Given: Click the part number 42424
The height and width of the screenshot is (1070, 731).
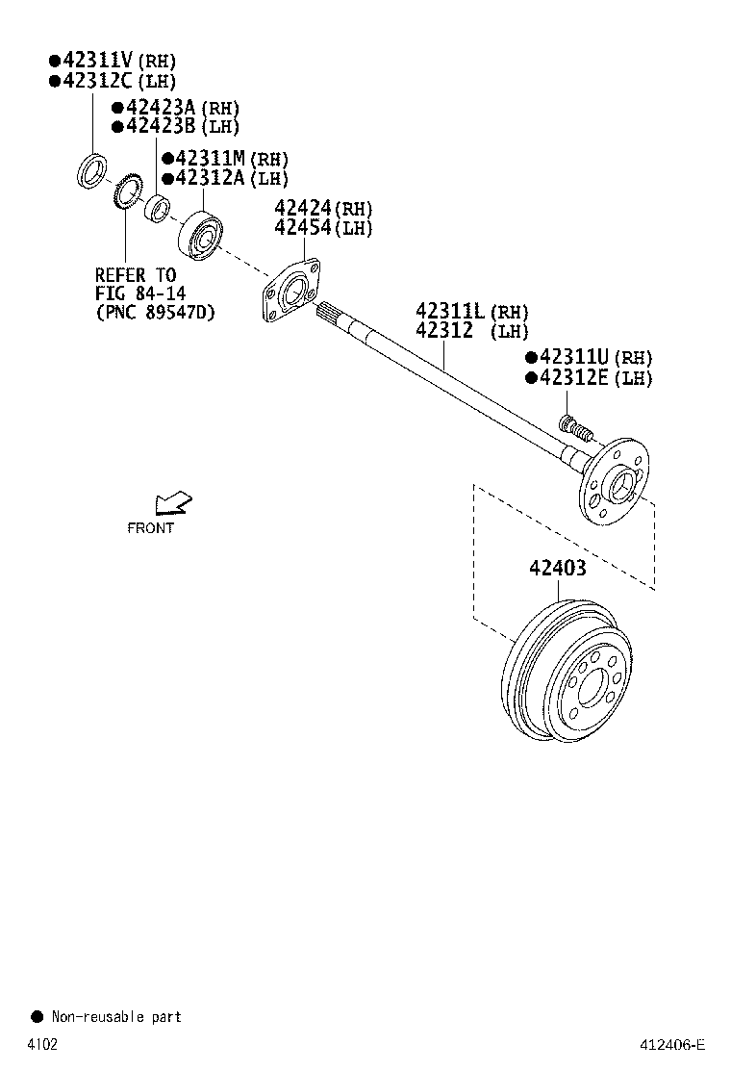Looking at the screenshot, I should [302, 208].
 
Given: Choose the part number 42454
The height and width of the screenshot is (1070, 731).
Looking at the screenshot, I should [302, 228].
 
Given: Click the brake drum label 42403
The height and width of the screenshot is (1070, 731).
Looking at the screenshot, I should [556, 568].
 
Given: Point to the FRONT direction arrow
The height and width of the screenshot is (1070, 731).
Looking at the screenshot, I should [173, 503].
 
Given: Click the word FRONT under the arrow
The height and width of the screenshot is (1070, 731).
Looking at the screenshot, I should [151, 527].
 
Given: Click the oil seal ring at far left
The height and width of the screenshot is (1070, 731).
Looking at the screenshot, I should [91, 171].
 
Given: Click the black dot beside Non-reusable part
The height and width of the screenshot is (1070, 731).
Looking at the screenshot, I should [38, 1016].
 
